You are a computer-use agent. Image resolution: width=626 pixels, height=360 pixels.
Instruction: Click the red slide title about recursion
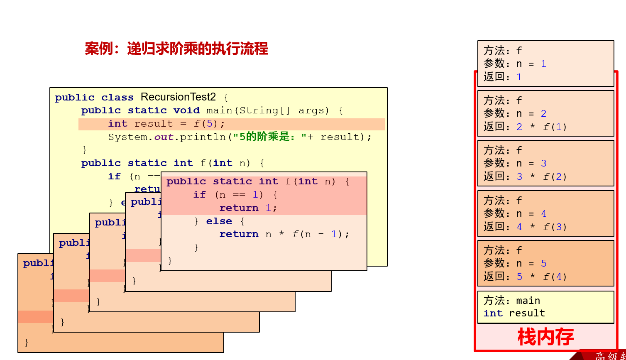coord(176,49)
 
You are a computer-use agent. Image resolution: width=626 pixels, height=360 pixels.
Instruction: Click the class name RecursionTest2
coord(178,97)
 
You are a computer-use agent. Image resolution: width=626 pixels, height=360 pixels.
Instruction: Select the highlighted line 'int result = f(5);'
coord(166,124)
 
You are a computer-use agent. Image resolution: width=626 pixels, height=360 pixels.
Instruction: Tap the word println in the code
coord(203,137)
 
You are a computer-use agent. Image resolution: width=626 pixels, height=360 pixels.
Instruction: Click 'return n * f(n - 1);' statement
coord(284,234)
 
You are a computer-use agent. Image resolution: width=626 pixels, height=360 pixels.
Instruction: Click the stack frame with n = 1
coord(545,63)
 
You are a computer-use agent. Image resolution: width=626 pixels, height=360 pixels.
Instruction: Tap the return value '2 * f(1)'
coord(541,127)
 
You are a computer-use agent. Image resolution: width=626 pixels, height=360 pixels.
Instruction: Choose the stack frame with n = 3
coord(545,163)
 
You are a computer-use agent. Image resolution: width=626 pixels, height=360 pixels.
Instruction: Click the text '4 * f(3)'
coord(541,227)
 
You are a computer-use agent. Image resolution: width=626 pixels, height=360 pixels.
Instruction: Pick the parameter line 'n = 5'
coord(531,263)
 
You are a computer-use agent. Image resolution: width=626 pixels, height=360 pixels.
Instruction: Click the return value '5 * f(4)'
coord(541,277)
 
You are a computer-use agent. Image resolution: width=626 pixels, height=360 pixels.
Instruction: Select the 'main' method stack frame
coord(545,307)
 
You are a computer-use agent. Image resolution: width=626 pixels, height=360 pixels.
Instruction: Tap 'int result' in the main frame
coord(514,313)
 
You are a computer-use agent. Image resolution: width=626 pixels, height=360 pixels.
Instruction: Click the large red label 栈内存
coord(545,337)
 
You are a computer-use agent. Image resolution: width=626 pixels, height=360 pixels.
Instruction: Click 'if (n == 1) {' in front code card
coord(235,195)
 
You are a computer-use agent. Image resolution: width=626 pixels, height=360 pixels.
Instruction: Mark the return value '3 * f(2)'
coord(541,176)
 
